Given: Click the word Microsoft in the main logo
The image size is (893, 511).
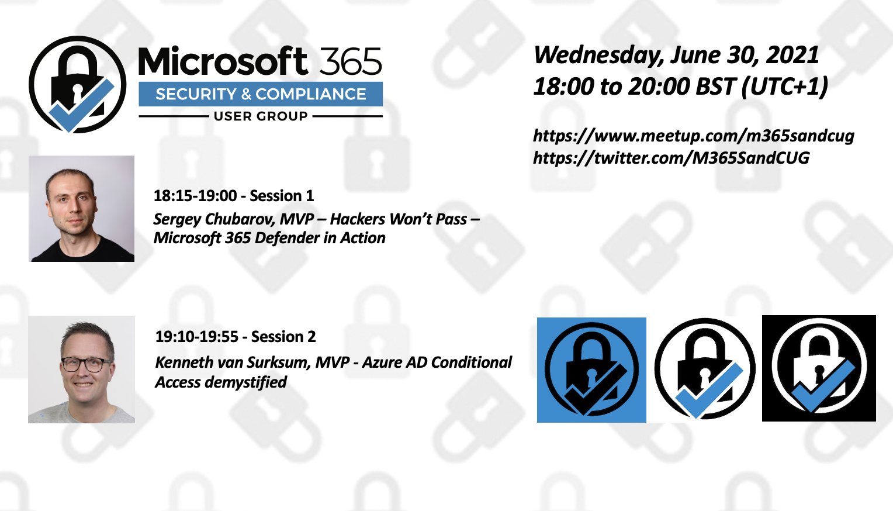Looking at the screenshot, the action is click(x=223, y=61).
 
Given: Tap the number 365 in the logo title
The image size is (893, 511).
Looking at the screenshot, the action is click(x=351, y=61).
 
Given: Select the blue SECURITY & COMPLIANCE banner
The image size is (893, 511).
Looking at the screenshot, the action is click(x=261, y=94).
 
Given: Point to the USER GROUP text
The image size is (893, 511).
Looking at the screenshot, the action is click(x=261, y=116).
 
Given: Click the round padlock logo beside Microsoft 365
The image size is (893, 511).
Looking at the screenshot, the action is click(x=77, y=85).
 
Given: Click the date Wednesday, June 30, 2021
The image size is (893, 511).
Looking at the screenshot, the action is click(x=676, y=55).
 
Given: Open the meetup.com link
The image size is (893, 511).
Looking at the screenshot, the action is click(x=694, y=136).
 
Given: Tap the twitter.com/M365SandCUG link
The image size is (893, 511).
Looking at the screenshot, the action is click(x=672, y=158).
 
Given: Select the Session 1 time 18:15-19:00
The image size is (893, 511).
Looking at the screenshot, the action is click(x=195, y=196).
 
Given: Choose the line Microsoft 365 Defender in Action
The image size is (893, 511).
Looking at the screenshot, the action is click(x=269, y=238).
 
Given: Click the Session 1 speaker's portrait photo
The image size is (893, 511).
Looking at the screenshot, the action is click(x=81, y=209).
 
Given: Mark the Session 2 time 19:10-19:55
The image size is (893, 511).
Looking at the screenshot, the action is click(x=197, y=337).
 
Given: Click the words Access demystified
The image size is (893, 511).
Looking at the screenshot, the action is click(x=221, y=382).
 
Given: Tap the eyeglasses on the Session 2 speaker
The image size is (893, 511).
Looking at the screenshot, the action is click(x=86, y=365).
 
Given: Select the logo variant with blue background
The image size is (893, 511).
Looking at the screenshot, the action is click(x=591, y=370).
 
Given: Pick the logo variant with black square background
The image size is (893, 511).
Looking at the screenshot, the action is click(x=819, y=368).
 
